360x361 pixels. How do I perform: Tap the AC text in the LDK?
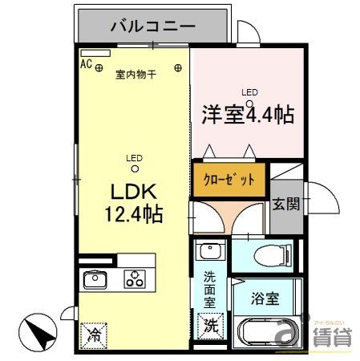pos(86,61)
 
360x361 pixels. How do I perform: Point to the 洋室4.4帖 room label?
pos(246,114)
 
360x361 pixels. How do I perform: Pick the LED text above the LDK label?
pos(134,158)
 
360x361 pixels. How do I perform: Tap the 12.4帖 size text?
pos(133,214)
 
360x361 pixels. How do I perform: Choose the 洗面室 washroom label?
pos(209,290)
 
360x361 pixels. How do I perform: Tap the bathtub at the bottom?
pos(269,331)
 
